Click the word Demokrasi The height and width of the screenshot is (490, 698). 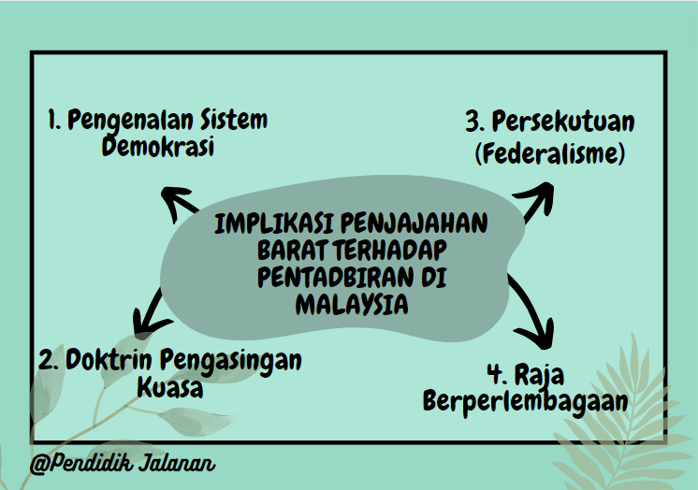[x=157, y=149]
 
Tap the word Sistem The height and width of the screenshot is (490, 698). [x=231, y=121]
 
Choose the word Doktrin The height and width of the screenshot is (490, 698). [x=109, y=360]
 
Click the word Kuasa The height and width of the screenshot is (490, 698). [x=169, y=387]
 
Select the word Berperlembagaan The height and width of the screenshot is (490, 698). [x=525, y=401]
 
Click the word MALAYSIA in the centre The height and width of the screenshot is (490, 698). [x=352, y=304]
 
